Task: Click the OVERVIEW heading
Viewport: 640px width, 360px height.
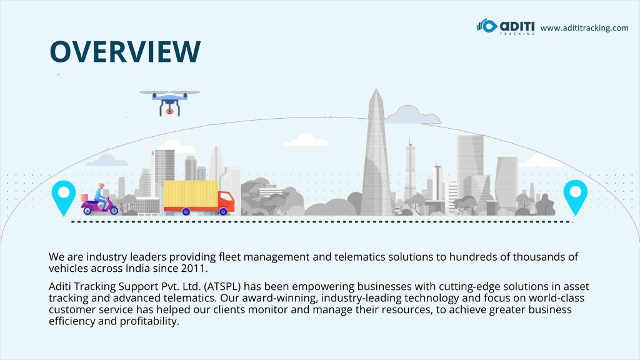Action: pos(125,51)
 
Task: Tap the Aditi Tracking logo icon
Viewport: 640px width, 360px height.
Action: pos(486,26)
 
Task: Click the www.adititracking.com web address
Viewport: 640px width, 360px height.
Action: pos(584,27)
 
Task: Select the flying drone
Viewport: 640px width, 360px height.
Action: pos(170,102)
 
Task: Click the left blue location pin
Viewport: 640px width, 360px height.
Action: pos(64,197)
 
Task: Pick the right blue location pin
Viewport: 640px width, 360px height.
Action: pos(576,197)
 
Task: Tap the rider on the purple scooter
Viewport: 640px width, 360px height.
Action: pos(101,194)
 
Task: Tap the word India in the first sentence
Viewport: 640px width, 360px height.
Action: pos(137,269)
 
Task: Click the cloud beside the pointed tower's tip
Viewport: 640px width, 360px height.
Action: pos(412,115)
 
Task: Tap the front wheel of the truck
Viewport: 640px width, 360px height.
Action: pos(223,211)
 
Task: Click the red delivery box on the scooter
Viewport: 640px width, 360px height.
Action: pos(84,197)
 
